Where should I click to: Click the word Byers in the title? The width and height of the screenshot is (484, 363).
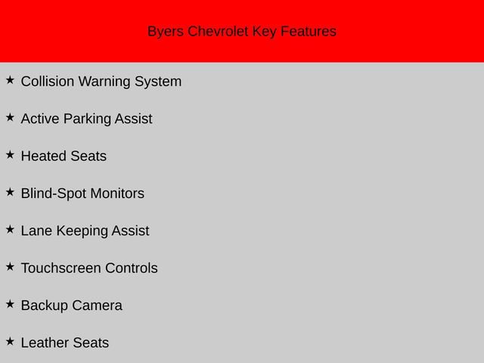pyautogui.click(x=165, y=32)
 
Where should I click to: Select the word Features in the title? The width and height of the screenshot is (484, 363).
pyautogui.click(x=309, y=32)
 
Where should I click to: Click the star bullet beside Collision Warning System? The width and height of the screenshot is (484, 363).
pyautogui.click(x=10, y=79)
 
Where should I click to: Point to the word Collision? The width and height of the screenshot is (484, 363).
pyautogui.click(x=48, y=82)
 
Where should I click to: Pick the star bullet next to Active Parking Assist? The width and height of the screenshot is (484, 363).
pyautogui.click(x=10, y=117)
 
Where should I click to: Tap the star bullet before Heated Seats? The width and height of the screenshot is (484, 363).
pyautogui.click(x=10, y=154)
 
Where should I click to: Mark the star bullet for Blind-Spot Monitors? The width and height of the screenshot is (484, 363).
pyautogui.click(x=10, y=192)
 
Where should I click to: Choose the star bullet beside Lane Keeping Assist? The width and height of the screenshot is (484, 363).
pyautogui.click(x=10, y=229)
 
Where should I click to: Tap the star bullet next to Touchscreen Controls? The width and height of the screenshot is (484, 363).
pyautogui.click(x=10, y=266)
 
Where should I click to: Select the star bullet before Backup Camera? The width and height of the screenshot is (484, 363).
pyautogui.click(x=10, y=304)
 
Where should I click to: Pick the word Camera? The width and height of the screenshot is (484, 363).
pyautogui.click(x=97, y=306)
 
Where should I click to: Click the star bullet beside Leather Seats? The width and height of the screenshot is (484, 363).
pyautogui.click(x=10, y=341)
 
